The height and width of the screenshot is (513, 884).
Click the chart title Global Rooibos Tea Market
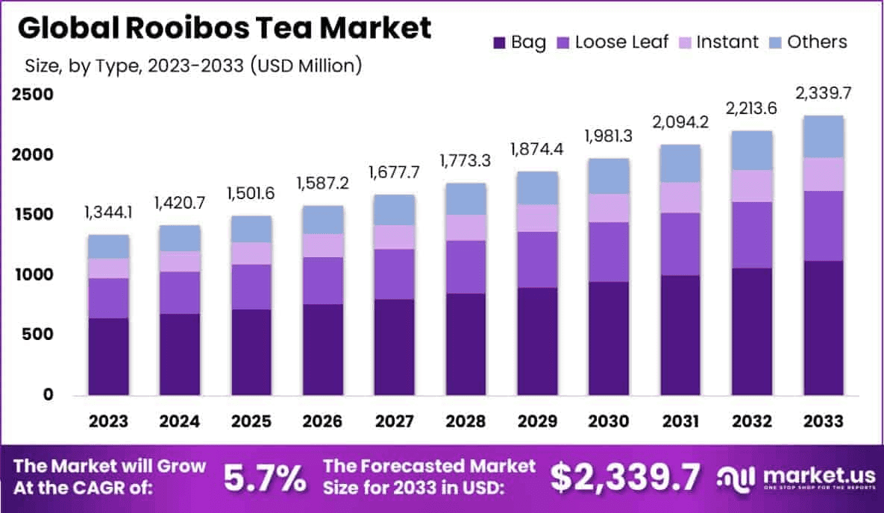pos(224,28)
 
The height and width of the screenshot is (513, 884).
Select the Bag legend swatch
pos(498,42)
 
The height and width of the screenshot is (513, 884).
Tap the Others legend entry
pos(810,42)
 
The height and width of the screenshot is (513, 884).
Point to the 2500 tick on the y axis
pos(31,95)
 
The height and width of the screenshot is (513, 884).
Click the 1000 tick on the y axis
pos(31,274)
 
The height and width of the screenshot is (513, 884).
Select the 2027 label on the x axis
pos(394,422)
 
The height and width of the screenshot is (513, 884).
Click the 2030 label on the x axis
pos(609,422)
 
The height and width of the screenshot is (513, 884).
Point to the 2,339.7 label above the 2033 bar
pos(824,94)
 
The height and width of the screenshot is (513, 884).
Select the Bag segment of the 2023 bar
pos(109,356)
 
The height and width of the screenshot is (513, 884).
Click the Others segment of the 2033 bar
pos(824,136)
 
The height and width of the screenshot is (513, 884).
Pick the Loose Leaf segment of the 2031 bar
pos(681,244)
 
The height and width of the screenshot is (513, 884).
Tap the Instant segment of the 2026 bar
pos(322,245)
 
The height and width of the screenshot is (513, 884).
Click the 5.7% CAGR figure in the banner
pos(264,478)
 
